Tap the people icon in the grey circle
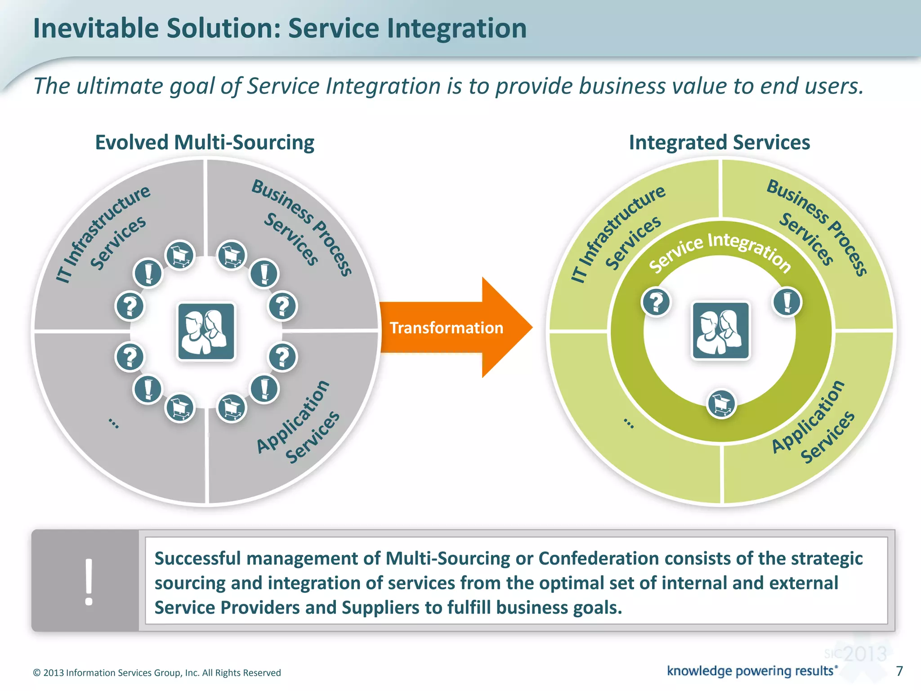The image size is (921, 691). point(206,332)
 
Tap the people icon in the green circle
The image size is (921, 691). point(720,331)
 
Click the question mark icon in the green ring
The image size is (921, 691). point(656,302)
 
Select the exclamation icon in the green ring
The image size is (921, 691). point(787,302)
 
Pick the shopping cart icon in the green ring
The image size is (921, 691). point(721,404)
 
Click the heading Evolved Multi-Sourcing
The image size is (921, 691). point(205,143)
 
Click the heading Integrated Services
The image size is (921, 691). point(719,143)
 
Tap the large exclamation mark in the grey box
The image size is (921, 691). point(89,582)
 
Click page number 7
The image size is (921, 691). point(899,671)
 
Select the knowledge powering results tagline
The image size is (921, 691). point(751,671)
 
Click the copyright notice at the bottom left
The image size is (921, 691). point(157,673)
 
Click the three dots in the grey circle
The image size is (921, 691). point(114,423)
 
